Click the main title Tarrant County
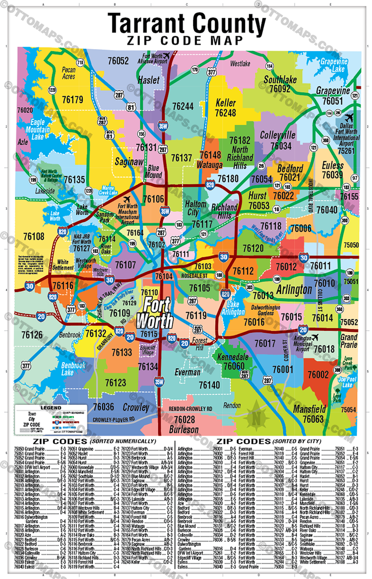point(187,23)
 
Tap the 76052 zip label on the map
point(115,61)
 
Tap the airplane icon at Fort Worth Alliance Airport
point(166,56)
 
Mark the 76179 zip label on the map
point(71,100)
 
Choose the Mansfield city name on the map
point(309,409)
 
